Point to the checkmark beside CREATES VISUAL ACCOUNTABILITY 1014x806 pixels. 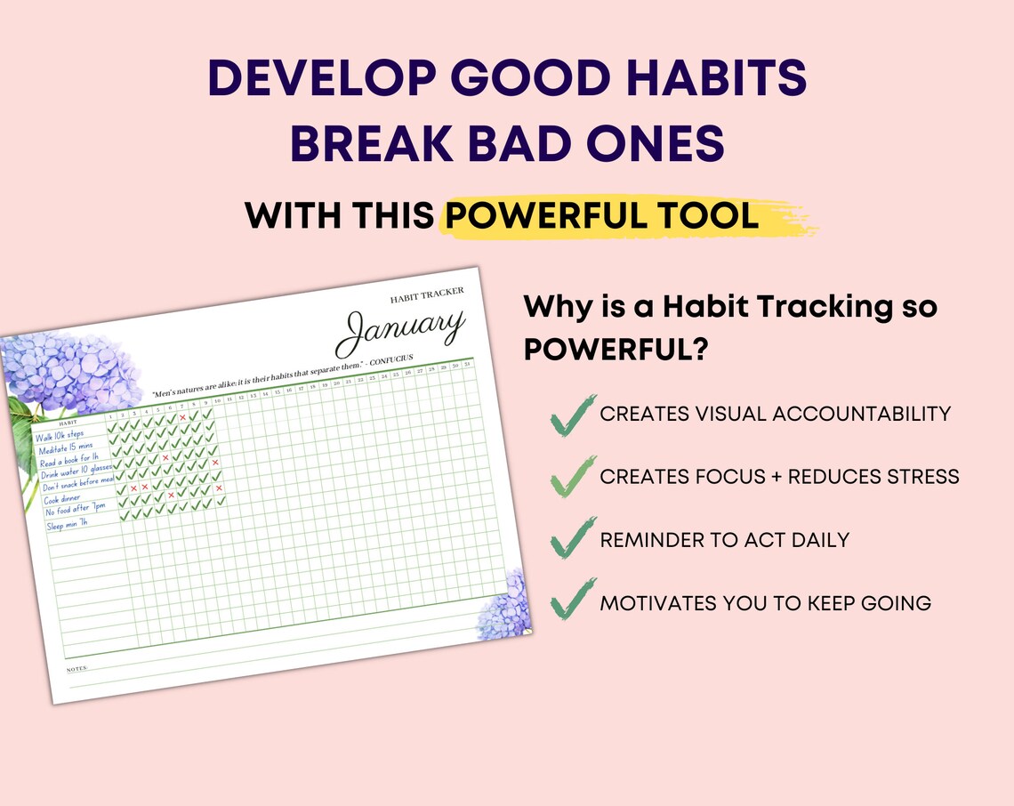tap(571, 415)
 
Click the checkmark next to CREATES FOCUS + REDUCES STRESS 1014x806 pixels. tap(571, 477)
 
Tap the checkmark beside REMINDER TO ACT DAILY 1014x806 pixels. tap(571, 541)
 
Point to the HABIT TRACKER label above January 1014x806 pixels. tap(427, 295)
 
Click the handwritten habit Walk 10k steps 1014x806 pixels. tap(60, 435)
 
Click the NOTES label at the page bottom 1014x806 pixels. tap(76, 667)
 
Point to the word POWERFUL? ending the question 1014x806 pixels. tap(616, 351)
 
